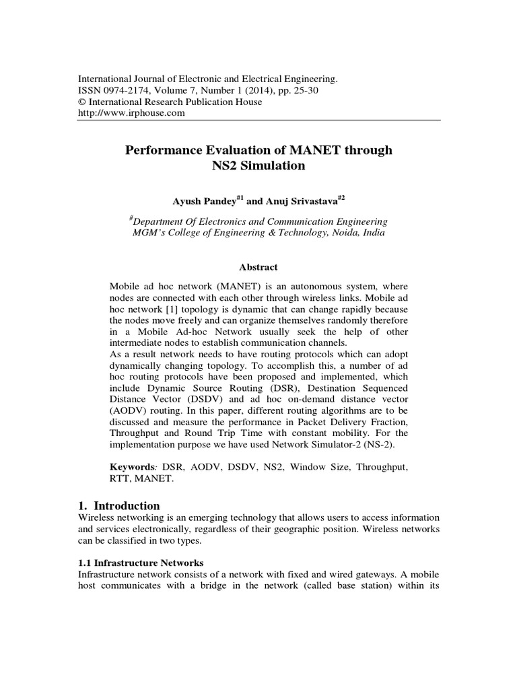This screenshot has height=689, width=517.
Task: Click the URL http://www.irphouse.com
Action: (132, 113)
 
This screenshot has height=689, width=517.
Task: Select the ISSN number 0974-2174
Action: (128, 90)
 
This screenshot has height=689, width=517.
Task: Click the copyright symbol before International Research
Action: (83, 102)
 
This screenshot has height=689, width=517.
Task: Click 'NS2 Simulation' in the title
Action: (258, 165)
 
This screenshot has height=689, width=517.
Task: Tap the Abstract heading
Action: (258, 267)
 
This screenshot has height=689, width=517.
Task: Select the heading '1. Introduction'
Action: (120, 505)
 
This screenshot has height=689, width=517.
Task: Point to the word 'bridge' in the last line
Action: (252, 586)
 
